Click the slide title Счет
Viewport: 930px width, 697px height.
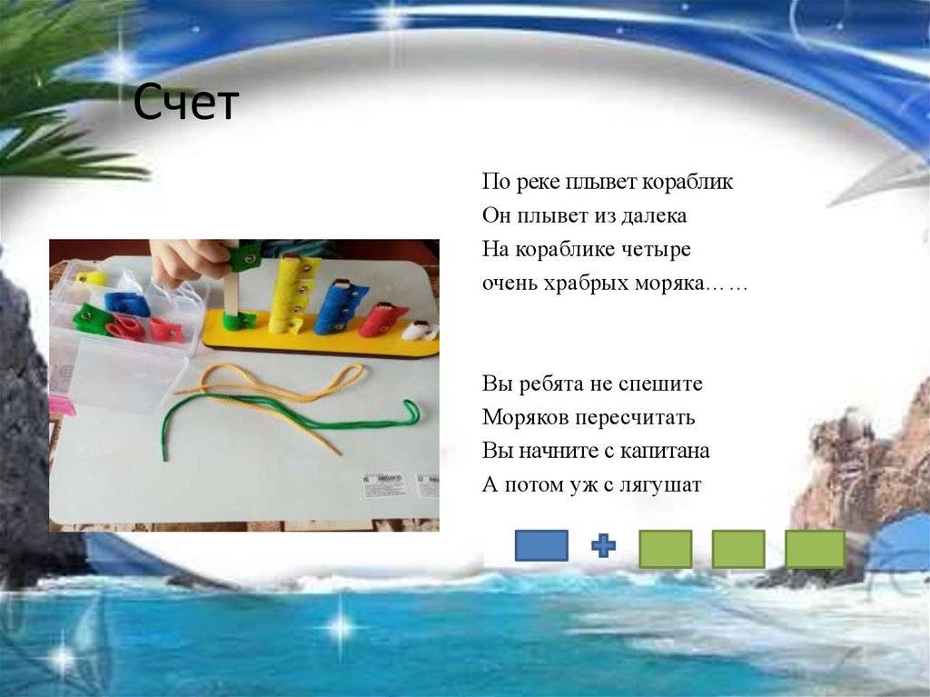[185, 102]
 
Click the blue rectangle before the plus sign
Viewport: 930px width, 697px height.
[541, 545]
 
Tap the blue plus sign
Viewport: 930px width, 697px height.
[603, 545]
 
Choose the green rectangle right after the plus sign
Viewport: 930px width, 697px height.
[666, 549]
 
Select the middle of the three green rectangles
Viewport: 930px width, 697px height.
[738, 549]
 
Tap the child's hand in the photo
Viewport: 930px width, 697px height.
[189, 261]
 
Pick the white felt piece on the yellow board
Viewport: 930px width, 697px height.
[420, 331]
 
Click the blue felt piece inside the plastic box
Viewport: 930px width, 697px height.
[127, 304]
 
